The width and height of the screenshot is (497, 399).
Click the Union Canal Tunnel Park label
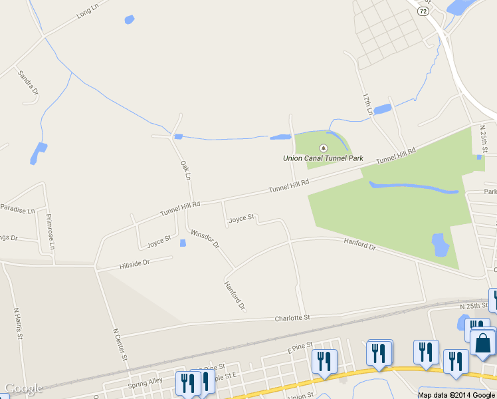323,158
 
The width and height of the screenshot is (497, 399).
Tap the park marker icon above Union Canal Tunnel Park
324,148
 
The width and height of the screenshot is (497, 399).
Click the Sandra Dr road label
29,82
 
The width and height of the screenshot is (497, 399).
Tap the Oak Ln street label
185,170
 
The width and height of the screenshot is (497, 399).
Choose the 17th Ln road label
366,102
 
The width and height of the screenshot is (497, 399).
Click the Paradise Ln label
17,209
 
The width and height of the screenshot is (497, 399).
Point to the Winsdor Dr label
205,239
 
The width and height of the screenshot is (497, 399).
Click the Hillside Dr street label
135,263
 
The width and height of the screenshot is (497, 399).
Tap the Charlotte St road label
292,318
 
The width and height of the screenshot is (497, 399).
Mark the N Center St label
120,344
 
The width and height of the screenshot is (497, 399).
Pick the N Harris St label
19,323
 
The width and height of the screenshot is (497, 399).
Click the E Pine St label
300,348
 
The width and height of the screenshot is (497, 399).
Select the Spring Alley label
146,382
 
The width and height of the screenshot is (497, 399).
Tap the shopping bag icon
482,343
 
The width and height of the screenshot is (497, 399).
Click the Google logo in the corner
24,388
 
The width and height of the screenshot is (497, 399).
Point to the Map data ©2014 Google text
456,395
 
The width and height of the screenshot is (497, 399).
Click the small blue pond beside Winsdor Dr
183,243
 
